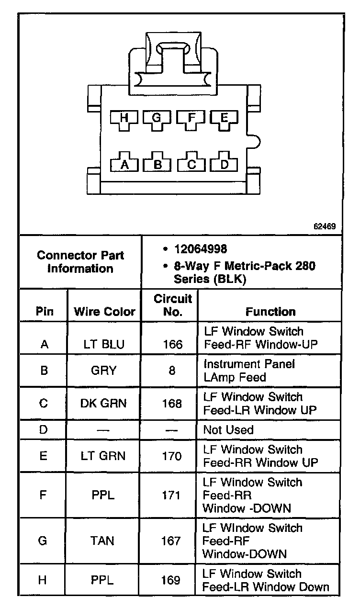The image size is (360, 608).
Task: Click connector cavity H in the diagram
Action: pos(124,118)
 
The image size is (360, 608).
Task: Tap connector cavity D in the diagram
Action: pos(225,164)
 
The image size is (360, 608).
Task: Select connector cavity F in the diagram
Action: pos(191,118)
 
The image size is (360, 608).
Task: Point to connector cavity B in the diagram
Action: pos(158,164)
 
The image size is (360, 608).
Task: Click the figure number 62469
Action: pos(325,226)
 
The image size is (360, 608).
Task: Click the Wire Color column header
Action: pos(104,312)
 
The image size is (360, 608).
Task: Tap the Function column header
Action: pos(270,312)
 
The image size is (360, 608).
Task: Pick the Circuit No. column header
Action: pos(172,305)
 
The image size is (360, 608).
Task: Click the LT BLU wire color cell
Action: pos(104,344)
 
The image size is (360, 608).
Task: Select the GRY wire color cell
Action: pos(104,371)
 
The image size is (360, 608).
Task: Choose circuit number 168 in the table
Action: pos(172,404)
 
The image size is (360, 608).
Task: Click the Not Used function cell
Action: pos(228,430)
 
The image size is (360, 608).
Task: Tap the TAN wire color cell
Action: pos(102,541)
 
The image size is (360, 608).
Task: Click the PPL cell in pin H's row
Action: pos(102,581)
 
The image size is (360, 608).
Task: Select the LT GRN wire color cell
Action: pos(104,456)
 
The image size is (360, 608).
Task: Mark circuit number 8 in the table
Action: pos(172,371)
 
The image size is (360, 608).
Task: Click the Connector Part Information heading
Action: pos(80,261)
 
